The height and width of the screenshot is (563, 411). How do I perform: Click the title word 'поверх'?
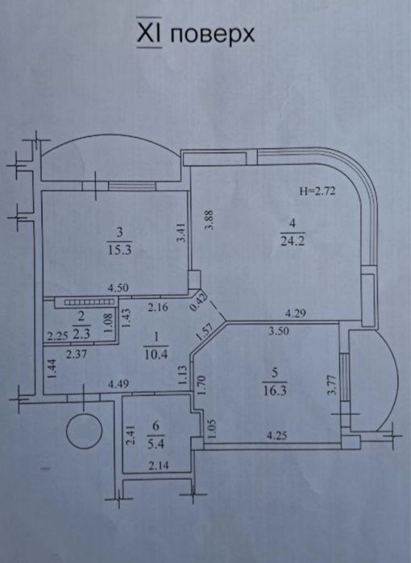212,35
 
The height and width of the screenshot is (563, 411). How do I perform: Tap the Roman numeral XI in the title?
149,32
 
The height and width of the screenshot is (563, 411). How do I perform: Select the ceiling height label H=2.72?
318,191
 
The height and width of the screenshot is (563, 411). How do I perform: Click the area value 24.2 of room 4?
292,240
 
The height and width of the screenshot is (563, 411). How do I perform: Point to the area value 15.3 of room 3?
119,250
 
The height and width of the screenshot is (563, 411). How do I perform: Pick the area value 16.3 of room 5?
275,391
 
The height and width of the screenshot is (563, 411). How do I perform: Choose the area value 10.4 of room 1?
156,354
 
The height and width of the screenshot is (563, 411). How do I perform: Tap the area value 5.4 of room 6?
156,444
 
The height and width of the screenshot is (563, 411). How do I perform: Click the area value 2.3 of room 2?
81,334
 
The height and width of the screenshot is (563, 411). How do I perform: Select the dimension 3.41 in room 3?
181,233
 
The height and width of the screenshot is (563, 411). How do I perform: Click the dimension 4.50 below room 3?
118,288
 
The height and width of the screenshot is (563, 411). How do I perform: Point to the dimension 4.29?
295,313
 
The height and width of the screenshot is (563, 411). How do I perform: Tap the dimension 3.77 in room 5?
331,384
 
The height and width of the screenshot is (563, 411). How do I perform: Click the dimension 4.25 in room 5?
276,436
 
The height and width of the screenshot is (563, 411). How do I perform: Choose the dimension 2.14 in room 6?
159,466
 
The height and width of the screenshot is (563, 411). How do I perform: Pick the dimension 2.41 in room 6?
131,436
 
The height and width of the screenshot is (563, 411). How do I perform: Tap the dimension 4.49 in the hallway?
118,384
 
